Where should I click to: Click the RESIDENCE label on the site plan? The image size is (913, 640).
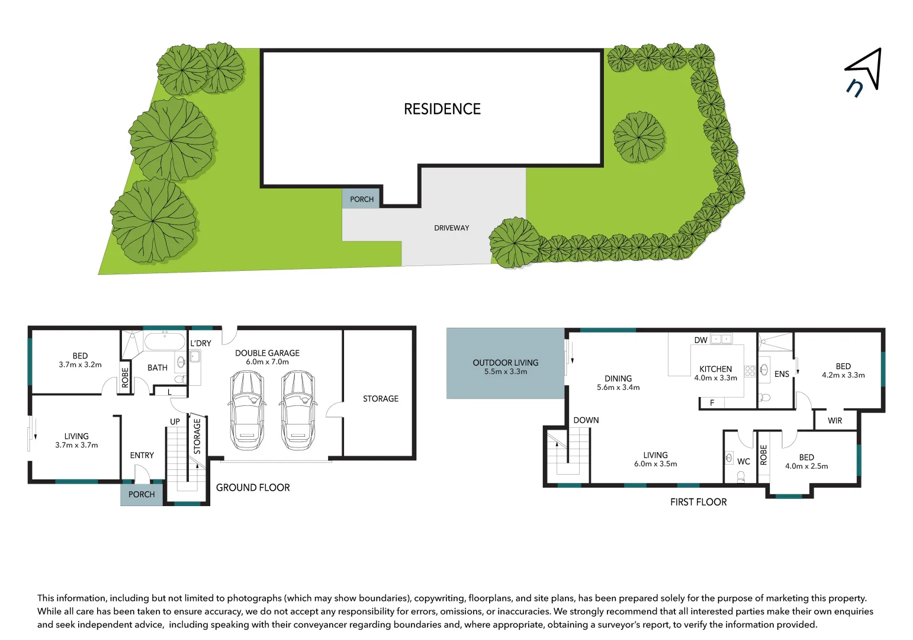(x=442, y=109)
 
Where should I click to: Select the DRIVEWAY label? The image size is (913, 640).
(x=451, y=228)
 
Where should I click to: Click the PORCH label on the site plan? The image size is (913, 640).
(x=362, y=199)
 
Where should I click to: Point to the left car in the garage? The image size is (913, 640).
(x=246, y=410)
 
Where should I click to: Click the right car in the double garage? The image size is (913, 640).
(x=297, y=410)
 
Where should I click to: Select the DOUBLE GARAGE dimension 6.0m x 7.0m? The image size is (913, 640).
(x=267, y=362)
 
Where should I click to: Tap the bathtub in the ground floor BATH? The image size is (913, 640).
(x=165, y=342)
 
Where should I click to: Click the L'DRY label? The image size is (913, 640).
(x=201, y=343)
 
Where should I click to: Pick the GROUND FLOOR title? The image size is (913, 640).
(x=253, y=488)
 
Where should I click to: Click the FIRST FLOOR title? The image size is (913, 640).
(x=698, y=502)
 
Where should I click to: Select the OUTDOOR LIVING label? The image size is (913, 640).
(x=505, y=363)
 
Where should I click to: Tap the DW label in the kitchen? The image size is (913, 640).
(x=700, y=340)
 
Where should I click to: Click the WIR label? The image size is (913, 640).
(x=834, y=421)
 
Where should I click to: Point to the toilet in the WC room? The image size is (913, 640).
(x=740, y=476)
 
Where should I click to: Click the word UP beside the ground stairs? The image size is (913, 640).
(x=175, y=422)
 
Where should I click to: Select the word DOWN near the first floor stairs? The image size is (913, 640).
(x=586, y=420)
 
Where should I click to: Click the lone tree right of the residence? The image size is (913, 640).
(x=638, y=137)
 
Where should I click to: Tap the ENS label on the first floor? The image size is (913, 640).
(x=782, y=374)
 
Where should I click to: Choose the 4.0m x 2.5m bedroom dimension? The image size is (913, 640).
(x=806, y=466)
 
